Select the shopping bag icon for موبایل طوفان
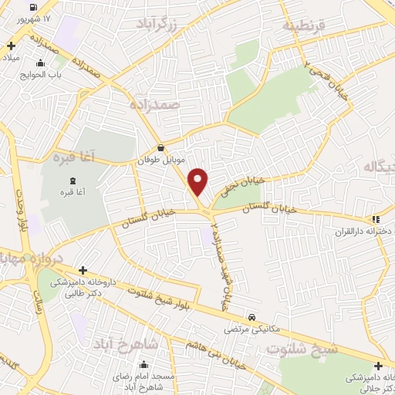click(160, 149)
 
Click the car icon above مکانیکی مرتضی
click(252, 317)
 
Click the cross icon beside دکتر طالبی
click(83, 270)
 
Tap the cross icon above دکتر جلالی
click(378, 366)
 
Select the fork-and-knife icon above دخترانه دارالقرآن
click(375, 219)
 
